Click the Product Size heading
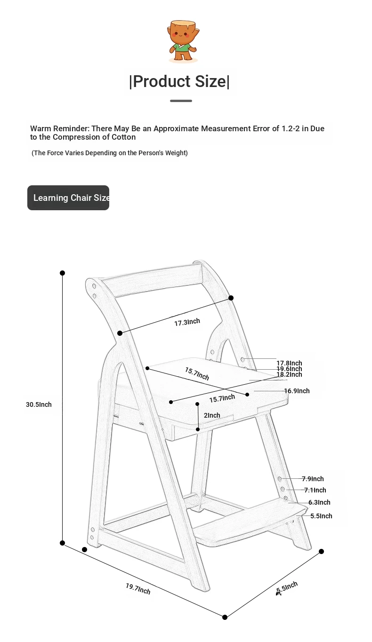(179, 81)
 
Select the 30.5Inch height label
(39, 404)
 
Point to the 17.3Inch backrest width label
(187, 322)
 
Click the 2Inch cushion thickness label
(212, 415)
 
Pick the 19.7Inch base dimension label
(138, 588)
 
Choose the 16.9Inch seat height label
(297, 391)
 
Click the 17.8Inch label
(289, 363)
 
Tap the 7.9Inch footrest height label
(313, 479)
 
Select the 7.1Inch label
(315, 490)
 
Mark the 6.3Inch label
(319, 502)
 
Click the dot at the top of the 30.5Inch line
(62, 273)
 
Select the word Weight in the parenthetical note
(176, 153)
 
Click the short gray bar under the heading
(181, 101)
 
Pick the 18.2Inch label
(289, 374)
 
